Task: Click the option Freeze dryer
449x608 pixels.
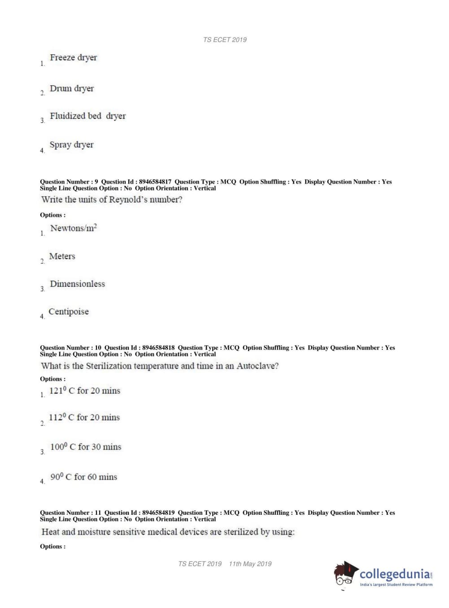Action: [x=73, y=58]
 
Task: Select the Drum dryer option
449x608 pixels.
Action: [x=72, y=89]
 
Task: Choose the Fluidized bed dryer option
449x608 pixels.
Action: [x=87, y=116]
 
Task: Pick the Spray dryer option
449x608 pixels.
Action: [x=71, y=145]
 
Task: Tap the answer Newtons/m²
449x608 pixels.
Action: [x=74, y=228]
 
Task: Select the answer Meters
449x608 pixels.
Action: [x=62, y=256]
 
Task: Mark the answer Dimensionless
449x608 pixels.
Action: [x=77, y=284]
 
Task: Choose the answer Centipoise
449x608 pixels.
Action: [x=69, y=312]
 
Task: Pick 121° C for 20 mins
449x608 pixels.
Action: [x=84, y=391]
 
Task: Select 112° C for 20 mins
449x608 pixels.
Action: [x=84, y=417]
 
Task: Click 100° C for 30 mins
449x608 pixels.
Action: [x=85, y=447]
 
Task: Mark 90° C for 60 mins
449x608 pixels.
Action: [x=83, y=477]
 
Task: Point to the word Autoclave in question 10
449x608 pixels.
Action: [x=257, y=366]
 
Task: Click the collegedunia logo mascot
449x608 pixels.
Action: [x=345, y=574]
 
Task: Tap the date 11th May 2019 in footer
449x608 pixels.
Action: [x=250, y=564]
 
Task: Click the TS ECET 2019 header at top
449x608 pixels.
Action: [x=225, y=39]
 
